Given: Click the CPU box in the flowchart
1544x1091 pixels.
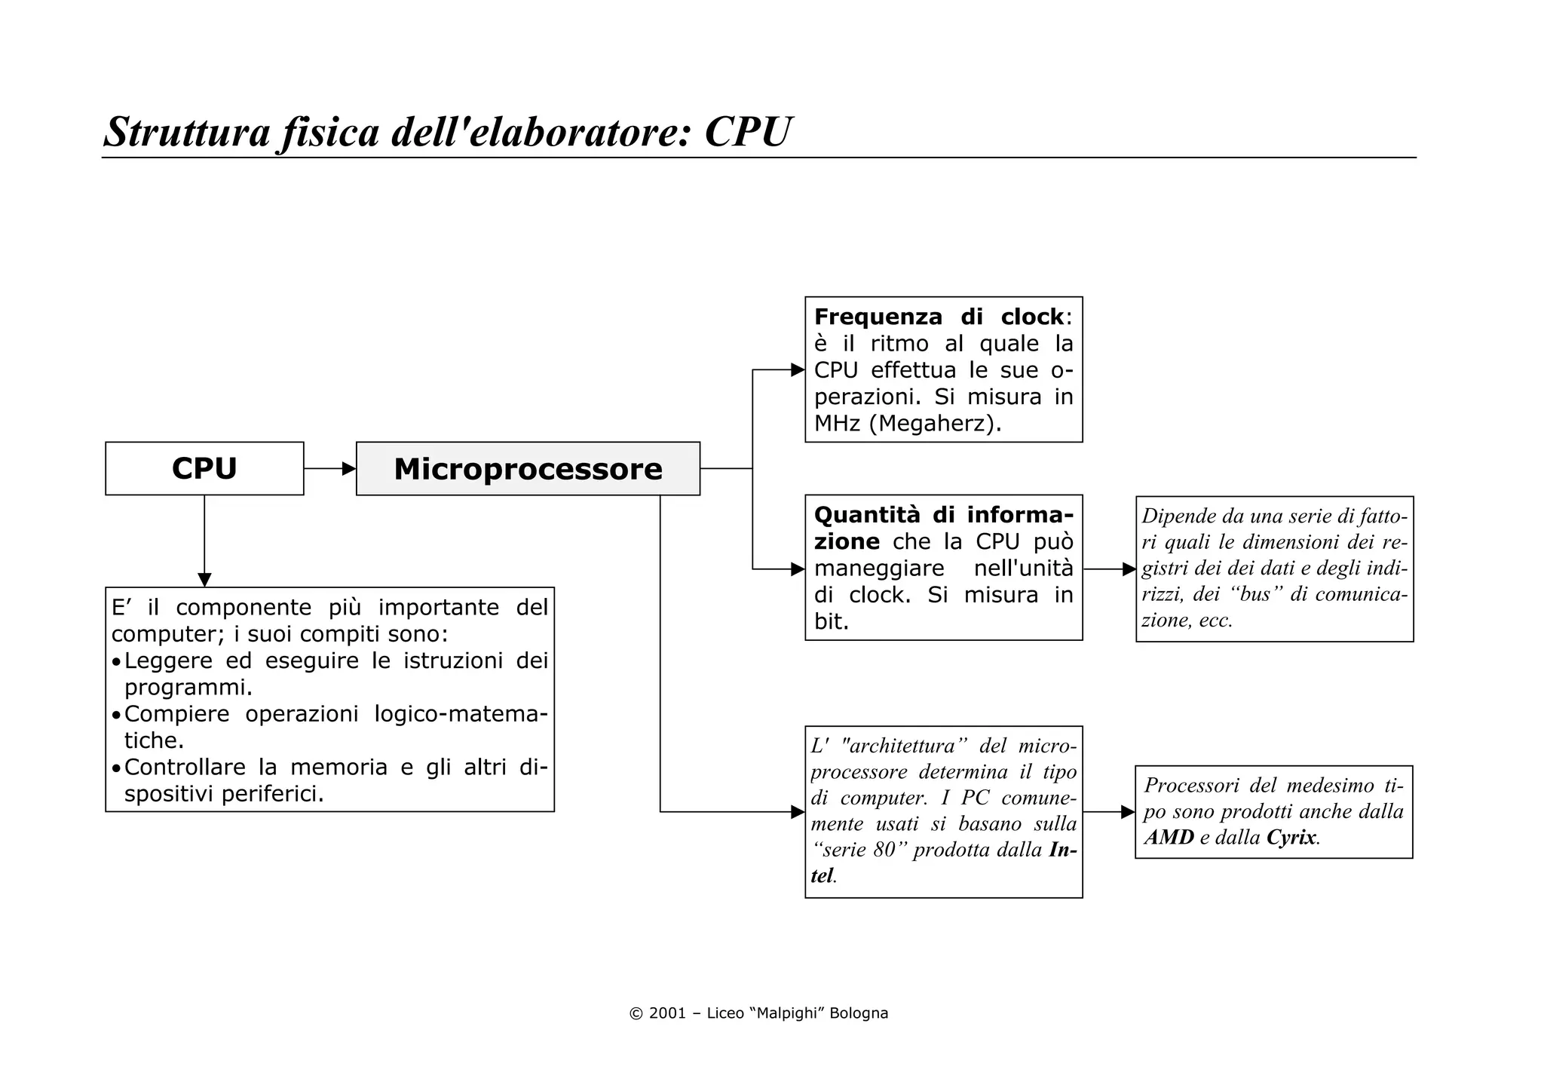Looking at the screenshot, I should [x=204, y=468].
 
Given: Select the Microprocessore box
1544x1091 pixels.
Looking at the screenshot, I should [x=528, y=469].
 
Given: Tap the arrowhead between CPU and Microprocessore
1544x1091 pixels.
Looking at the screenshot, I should [x=349, y=469].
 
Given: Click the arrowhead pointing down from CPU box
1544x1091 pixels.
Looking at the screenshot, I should [x=204, y=580].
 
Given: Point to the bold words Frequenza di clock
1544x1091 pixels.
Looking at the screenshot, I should [x=939, y=317].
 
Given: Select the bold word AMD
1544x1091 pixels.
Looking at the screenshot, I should [x=1169, y=837].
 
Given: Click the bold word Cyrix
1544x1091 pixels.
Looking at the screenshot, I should [x=1291, y=837].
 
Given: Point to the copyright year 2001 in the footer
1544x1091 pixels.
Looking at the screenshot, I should [x=667, y=1013].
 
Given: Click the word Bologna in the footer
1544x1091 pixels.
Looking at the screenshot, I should [x=859, y=1013].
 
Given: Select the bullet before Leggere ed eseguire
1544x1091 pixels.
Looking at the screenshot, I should [x=116, y=662].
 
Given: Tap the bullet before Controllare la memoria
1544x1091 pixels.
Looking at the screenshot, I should [x=116, y=768].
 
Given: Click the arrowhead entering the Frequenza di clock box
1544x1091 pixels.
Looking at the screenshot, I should [x=798, y=369].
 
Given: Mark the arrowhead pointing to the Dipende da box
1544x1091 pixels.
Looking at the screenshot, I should [x=1129, y=569].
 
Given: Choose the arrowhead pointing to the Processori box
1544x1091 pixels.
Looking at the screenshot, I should [x=1128, y=812].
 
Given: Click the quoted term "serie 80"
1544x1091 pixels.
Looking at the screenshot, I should [x=859, y=850].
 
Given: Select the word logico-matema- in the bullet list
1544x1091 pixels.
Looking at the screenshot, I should [x=461, y=713].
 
